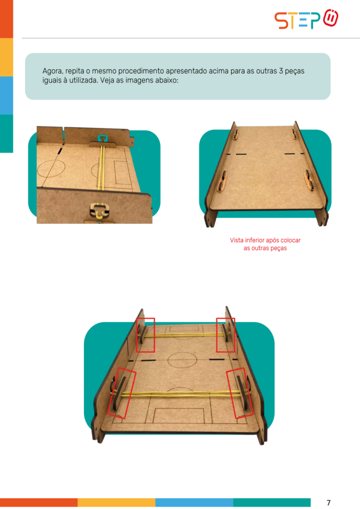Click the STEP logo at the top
[x=306, y=19]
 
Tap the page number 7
[x=329, y=503]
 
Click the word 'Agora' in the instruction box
[x=52, y=71]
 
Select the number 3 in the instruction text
[x=281, y=71]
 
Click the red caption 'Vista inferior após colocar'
[x=265, y=240]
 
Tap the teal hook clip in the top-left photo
[x=102, y=139]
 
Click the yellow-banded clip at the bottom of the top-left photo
[x=98, y=210]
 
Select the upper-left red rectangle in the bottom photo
[x=145, y=335]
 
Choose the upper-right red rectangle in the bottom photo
[x=226, y=335]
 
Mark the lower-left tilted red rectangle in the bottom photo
[x=121, y=393]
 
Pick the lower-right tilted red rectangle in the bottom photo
[x=240, y=393]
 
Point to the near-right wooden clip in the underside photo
[x=309, y=180]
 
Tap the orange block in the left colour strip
[x=6, y=19]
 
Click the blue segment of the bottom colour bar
[x=194, y=503]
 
